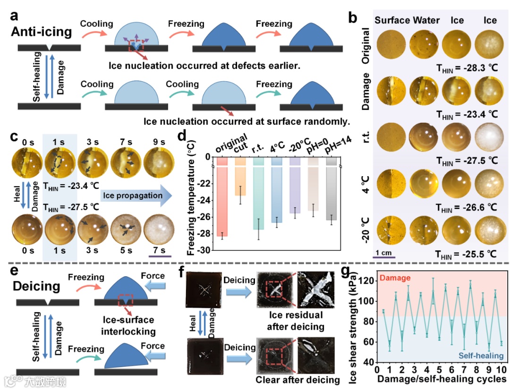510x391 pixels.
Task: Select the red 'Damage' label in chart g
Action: [395, 279]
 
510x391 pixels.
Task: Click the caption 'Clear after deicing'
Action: [297, 380]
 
